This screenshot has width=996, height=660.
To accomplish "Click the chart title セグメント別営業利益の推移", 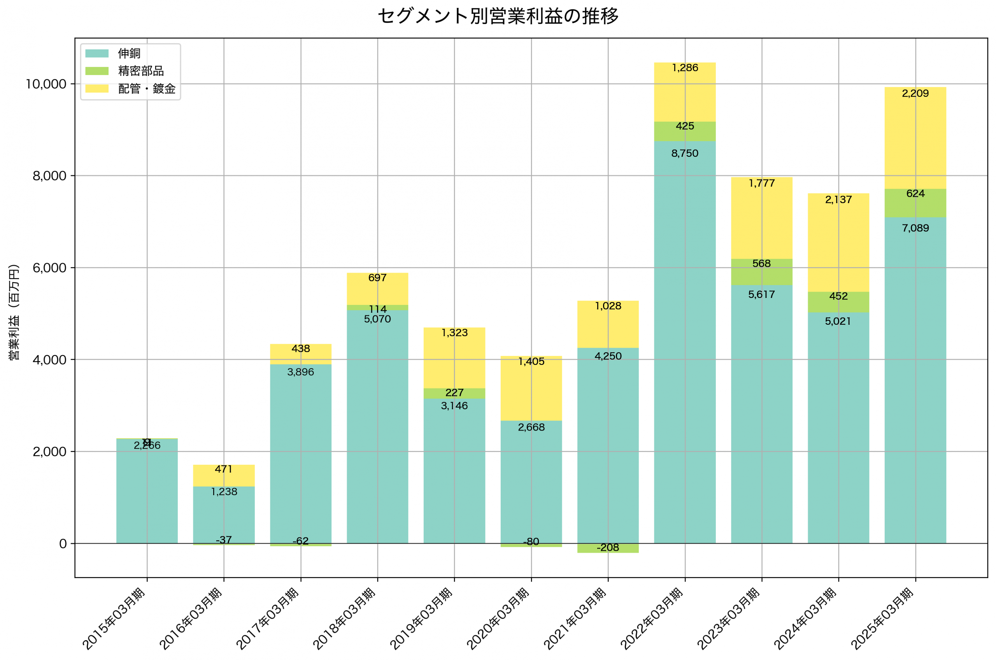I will coord(498,16).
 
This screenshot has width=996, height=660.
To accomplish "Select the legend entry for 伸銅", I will coord(129,53).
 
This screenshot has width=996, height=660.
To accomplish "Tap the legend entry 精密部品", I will coord(140,71).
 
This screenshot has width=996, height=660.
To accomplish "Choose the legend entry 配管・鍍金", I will coord(147,88).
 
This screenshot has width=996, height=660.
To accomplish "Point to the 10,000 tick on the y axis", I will coord(46,84).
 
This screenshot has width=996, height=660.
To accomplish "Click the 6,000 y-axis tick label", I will coord(50,268).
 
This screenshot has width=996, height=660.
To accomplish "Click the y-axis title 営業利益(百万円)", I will coord(14,312).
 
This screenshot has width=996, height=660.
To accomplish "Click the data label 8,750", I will coord(684,153).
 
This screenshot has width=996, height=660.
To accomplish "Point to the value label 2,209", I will coord(915,93).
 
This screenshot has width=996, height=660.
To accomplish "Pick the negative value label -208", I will coord(607,547).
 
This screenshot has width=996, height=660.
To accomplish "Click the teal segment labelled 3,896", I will coord(301,455).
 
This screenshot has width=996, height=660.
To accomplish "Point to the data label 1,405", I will coord(531,361).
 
